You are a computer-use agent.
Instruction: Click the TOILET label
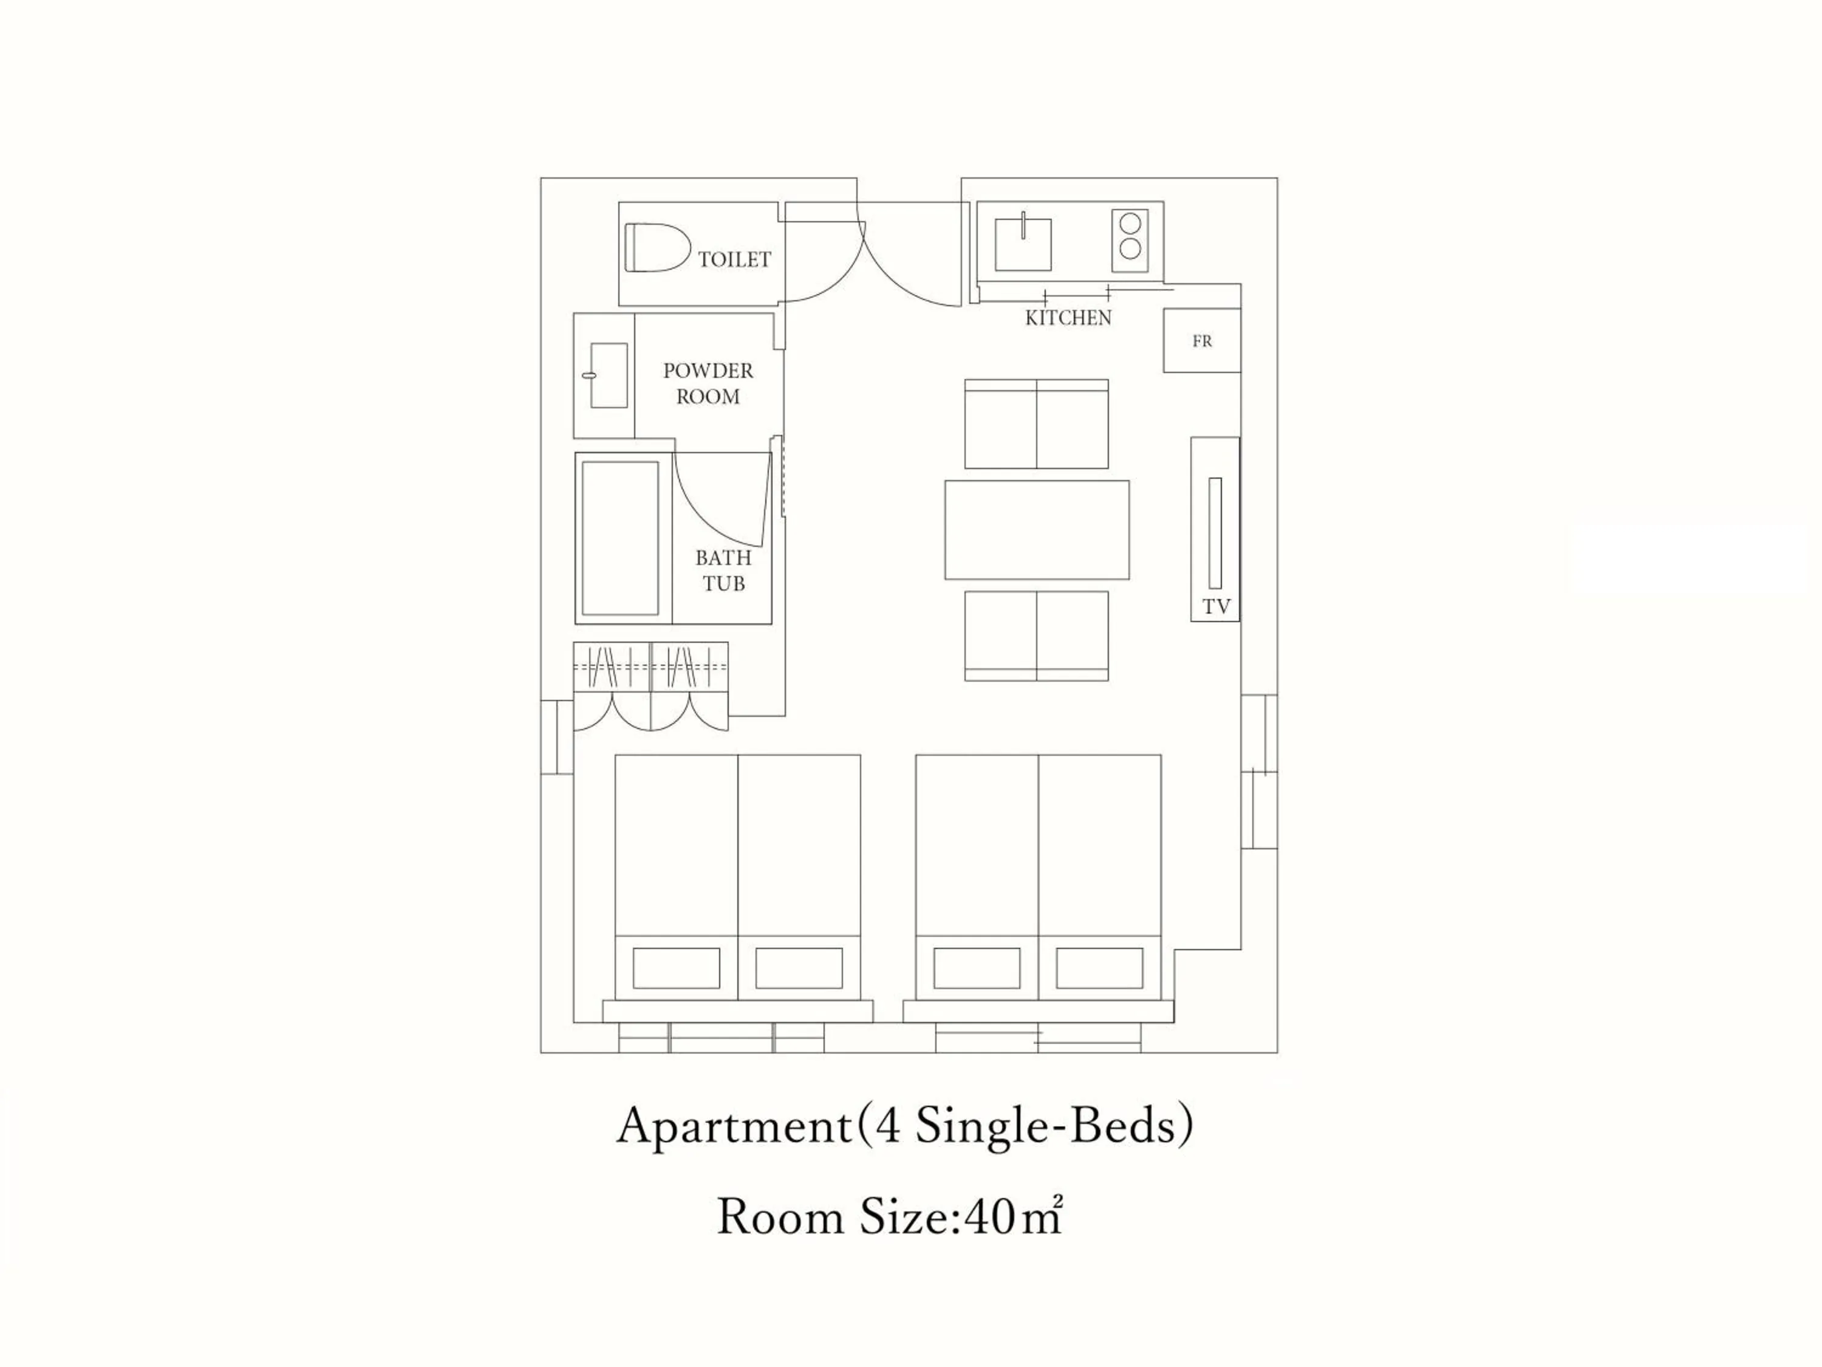pyautogui.click(x=735, y=259)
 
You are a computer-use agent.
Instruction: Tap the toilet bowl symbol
pyautogui.click(x=657, y=247)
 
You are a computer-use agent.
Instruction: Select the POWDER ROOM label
pyautogui.click(x=708, y=383)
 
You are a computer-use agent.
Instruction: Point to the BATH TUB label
pyautogui.click(x=724, y=570)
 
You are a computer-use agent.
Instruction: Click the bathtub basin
pyautogui.click(x=620, y=538)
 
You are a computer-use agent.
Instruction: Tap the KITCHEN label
pyautogui.click(x=1068, y=317)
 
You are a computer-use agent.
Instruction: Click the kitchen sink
pyautogui.click(x=1023, y=244)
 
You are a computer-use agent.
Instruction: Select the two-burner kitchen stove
pyautogui.click(x=1130, y=240)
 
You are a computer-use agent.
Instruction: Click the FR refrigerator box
pyautogui.click(x=1202, y=340)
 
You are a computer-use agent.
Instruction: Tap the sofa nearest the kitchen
pyautogui.click(x=1036, y=423)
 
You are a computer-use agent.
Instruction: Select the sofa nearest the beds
pyautogui.click(x=1036, y=636)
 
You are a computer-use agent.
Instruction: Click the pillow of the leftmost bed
pyautogui.click(x=676, y=968)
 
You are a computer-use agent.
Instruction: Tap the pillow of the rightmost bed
pyautogui.click(x=1100, y=968)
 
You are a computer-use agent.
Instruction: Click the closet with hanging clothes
pyautogui.click(x=650, y=685)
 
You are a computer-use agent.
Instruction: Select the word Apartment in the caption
pyautogui.click(x=734, y=1126)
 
